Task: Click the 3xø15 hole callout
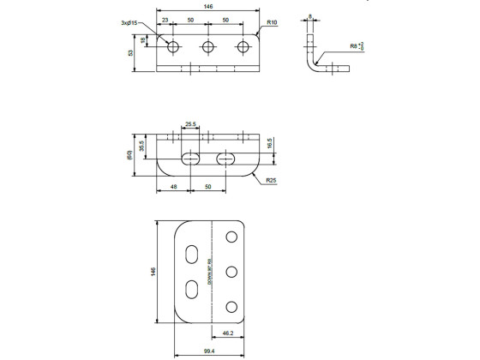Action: coord(129,22)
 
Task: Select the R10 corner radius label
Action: coord(273,22)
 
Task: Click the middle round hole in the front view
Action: coord(208,47)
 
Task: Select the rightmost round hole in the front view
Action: coord(244,47)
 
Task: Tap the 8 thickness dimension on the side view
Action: coord(309,15)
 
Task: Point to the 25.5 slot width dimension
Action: coord(190,124)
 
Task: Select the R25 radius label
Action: coord(271,181)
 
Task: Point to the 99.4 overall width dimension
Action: coord(210,351)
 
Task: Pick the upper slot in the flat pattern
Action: coord(194,254)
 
